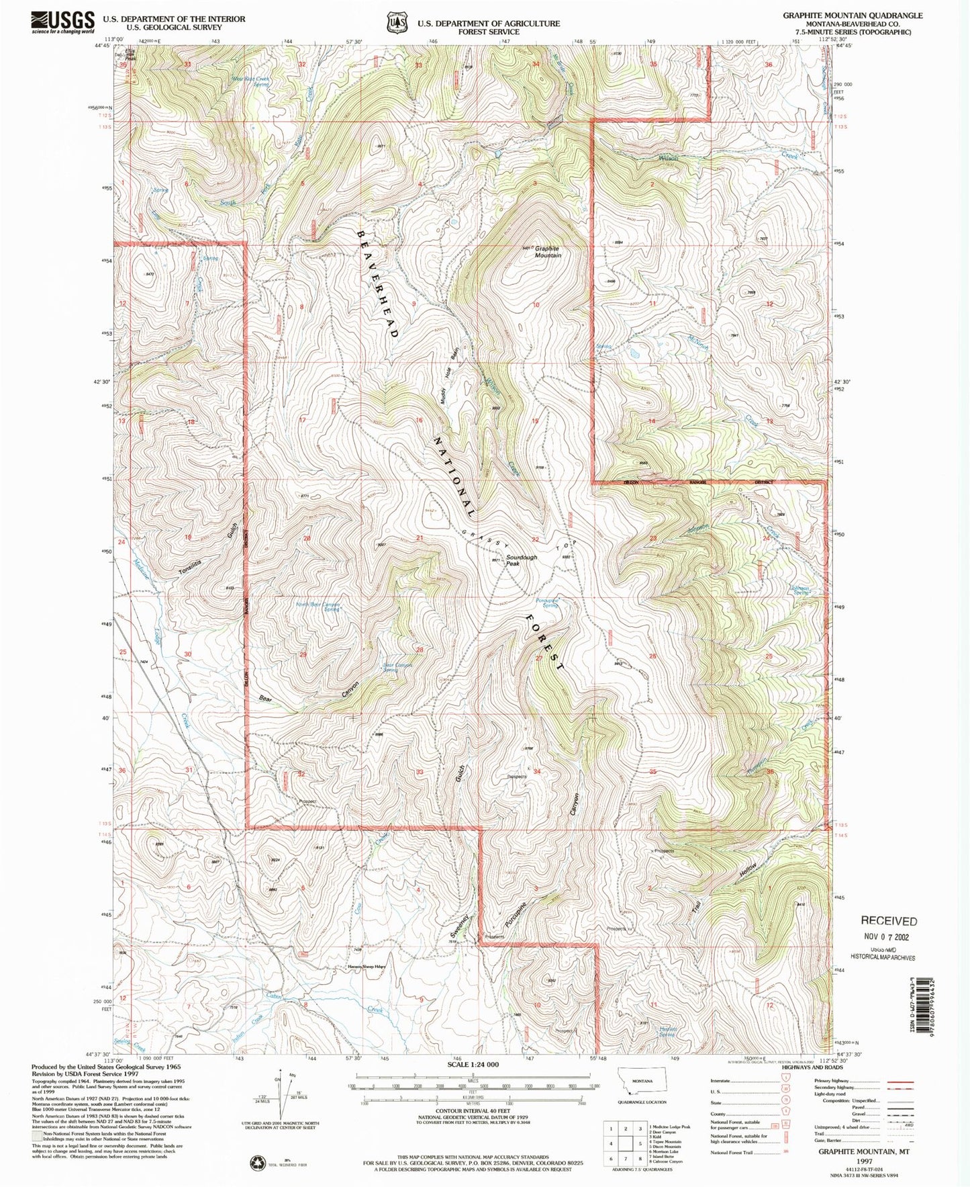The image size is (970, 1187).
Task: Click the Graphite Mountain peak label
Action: tap(547, 252)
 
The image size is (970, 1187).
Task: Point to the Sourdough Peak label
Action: tap(521, 560)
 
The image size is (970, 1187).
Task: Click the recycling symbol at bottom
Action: tap(258, 1162)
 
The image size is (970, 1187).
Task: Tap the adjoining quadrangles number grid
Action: tap(626, 1142)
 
